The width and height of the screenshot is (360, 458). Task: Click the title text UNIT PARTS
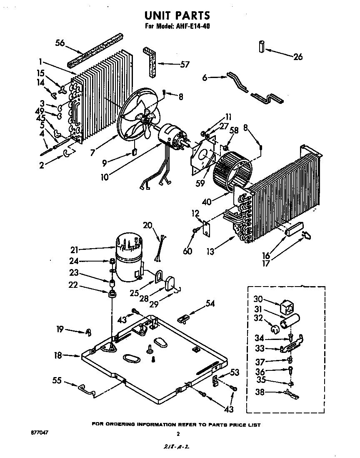177,15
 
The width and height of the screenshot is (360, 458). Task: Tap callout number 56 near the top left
61,43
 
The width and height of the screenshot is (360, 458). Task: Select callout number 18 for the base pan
58,355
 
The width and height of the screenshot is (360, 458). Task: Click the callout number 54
210,303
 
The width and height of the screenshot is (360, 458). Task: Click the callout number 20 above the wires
147,226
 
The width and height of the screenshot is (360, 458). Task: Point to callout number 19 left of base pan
60,330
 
